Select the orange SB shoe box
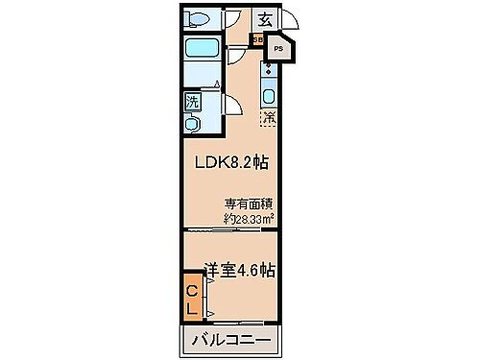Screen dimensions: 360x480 pyautogui.click(x=257, y=40)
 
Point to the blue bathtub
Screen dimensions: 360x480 pyautogui.click(x=203, y=51)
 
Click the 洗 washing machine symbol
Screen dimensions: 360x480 pyautogui.click(x=193, y=99)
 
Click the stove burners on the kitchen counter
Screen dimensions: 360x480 pyautogui.click(x=271, y=70)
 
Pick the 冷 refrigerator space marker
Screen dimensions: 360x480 pyautogui.click(x=270, y=120)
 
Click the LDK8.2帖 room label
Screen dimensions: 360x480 pyautogui.click(x=231, y=163)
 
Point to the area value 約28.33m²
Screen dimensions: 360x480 pyautogui.click(x=250, y=218)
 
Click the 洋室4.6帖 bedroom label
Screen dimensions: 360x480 pyautogui.click(x=239, y=270)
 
